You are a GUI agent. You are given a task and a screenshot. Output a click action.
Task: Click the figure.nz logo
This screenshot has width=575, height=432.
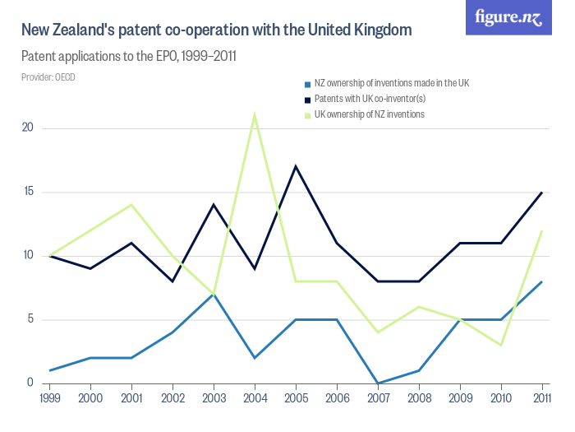point(508,18)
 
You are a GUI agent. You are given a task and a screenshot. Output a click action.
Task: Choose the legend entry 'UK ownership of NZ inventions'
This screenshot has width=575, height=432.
point(369,114)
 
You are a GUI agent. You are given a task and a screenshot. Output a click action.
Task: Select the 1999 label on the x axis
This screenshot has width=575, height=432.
point(49,399)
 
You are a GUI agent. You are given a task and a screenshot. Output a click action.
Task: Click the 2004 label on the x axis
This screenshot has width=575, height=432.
point(255,399)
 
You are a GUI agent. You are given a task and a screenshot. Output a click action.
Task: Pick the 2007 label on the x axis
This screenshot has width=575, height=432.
point(378,399)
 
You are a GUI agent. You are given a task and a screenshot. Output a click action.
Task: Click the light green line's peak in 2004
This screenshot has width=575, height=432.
point(255,114)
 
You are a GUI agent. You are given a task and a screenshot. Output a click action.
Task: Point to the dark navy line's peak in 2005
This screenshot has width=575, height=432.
point(296,166)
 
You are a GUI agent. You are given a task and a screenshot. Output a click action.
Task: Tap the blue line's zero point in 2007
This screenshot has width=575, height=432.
point(378,383)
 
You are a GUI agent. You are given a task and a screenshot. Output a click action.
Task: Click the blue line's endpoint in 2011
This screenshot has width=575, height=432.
point(542,281)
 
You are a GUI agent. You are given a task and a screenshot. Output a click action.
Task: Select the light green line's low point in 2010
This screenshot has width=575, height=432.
point(501,345)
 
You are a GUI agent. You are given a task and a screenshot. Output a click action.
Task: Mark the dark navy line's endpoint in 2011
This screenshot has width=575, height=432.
point(542,192)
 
